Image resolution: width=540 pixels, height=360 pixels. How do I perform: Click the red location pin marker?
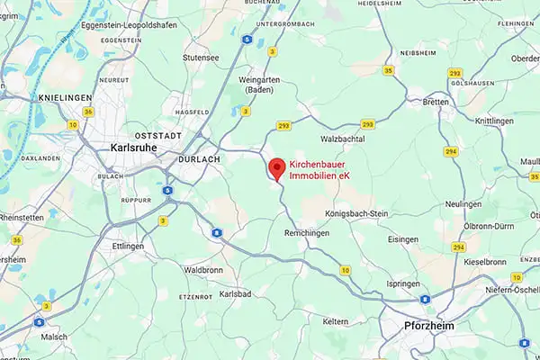tap(278, 168)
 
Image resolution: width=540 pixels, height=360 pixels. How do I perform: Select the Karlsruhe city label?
tap(135, 147)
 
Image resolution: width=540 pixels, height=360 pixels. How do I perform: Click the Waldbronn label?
tap(203, 269)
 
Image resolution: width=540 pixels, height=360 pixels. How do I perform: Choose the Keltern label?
tap(336, 320)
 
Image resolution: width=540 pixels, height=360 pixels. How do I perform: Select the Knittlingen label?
tap(495, 120)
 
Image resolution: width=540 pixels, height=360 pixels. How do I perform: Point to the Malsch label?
tap(53, 336)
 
